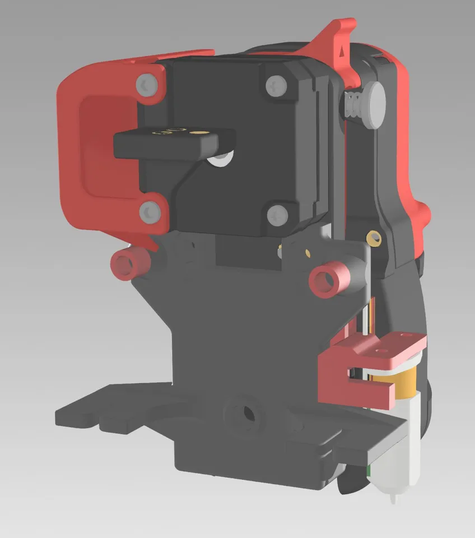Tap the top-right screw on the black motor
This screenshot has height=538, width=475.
pos(275,85)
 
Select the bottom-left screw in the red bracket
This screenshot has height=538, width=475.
pos(148,212)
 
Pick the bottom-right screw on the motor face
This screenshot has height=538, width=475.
pos(276,214)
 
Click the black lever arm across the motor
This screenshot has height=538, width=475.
pos(168,143)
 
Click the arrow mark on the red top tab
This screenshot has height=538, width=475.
pos(342,48)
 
